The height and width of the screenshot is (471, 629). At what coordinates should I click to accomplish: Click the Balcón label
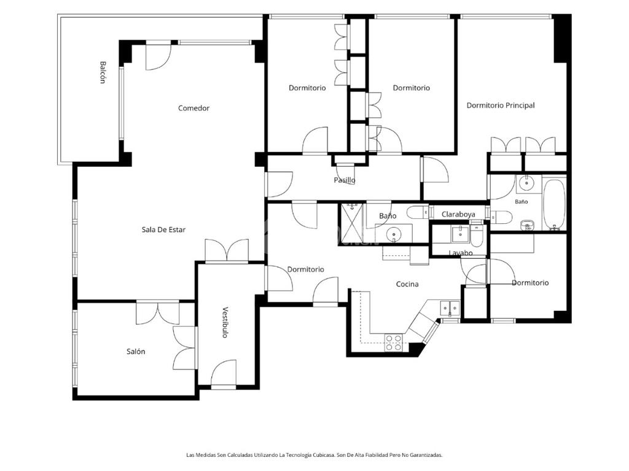tap(103, 72)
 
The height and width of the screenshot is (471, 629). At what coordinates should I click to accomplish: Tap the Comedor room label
tap(193, 108)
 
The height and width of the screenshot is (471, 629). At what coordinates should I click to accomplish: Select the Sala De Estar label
tap(163, 230)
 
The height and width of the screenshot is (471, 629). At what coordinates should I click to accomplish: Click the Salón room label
tap(136, 351)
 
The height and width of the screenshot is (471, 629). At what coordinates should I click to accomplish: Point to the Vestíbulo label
tap(225, 323)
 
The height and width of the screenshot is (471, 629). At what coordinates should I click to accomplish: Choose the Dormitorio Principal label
tap(501, 105)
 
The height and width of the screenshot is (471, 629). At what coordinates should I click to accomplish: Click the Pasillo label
tap(345, 180)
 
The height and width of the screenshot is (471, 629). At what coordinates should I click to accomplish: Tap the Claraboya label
tap(458, 215)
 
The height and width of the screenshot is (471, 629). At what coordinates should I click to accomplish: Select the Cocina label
tap(407, 285)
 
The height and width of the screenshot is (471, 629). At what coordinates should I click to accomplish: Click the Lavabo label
tap(461, 253)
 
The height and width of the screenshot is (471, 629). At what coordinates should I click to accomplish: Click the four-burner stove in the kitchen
tap(394, 343)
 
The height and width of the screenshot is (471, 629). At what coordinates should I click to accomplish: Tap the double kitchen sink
tap(450, 308)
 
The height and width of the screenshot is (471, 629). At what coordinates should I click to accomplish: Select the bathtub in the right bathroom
tap(554, 204)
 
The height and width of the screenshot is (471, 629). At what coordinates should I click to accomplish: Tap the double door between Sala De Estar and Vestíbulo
tap(227, 251)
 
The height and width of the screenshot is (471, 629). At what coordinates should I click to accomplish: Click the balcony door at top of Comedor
tap(158, 56)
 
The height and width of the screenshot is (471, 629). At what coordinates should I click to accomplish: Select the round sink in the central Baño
tap(394, 234)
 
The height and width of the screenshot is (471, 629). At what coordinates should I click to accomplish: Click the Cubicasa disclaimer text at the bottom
tap(314, 455)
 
